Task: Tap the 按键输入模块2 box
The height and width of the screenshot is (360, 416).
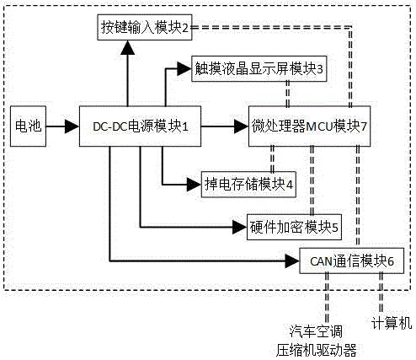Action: pos(144,29)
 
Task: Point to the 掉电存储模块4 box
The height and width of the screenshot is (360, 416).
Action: pos(248,182)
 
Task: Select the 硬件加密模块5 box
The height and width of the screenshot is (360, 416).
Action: pos(295,226)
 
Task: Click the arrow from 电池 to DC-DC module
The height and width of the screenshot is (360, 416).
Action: pos(62,126)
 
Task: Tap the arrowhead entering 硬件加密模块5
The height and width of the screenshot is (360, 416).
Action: pos(239,226)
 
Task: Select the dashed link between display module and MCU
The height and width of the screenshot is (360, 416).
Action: pos(288,95)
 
